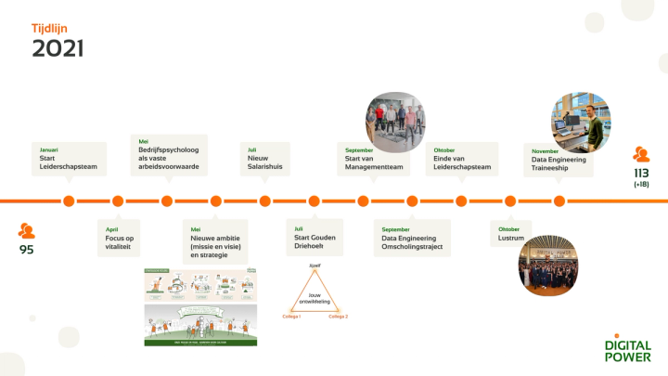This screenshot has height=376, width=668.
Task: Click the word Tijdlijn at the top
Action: click(49, 28)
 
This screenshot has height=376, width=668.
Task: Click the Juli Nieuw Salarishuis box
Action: click(265, 159)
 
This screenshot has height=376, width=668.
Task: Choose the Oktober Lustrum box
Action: click(510, 234)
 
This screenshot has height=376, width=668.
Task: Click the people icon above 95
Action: click(28, 230)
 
